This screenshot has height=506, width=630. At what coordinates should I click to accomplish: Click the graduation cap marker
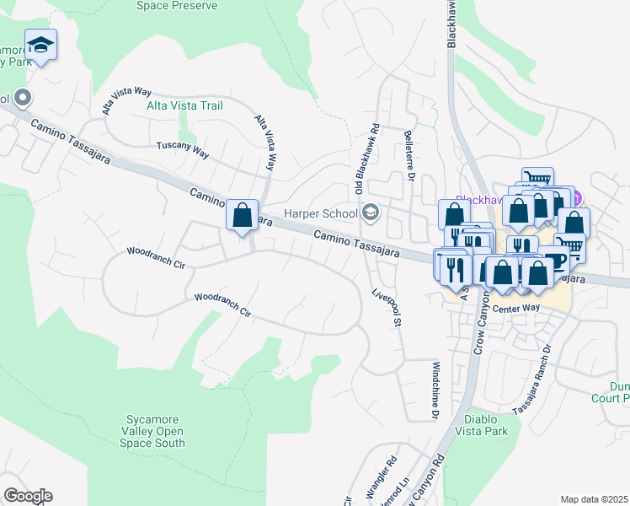(40, 45)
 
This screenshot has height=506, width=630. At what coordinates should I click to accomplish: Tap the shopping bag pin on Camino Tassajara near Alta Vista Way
(242, 214)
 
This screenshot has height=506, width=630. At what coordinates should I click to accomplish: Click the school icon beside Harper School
(368, 212)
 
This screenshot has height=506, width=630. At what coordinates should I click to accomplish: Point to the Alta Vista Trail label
(184, 105)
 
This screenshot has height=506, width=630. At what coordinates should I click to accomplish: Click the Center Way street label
(515, 308)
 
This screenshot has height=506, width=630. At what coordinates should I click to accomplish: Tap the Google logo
(28, 496)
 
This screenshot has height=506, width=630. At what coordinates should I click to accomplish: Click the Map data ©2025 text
(594, 499)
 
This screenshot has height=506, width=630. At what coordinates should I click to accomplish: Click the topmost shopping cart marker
(537, 181)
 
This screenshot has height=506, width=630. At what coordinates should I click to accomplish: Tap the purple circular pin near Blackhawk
(579, 201)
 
